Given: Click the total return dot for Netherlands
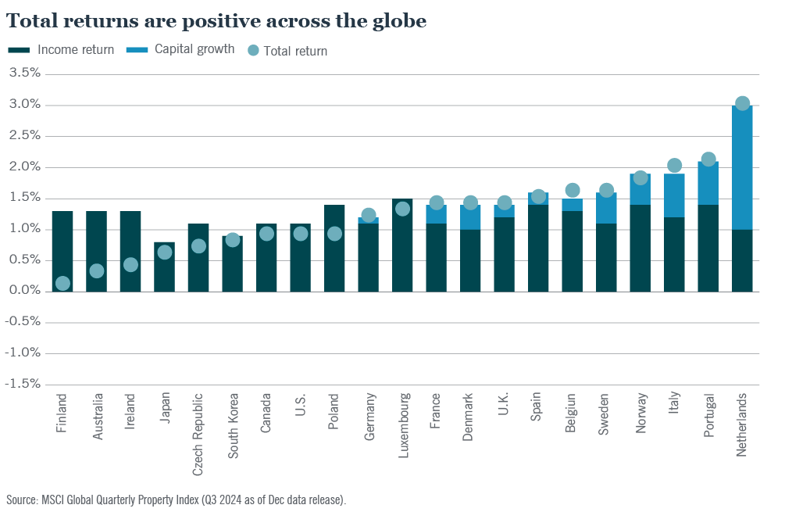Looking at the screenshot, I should [x=742, y=103].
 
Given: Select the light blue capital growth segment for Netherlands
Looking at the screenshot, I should [x=742, y=168].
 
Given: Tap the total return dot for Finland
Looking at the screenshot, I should [x=62, y=284].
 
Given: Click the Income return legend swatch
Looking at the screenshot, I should [x=19, y=50].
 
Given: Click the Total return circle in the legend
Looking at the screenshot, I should [x=253, y=50].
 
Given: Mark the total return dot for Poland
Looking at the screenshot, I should [x=334, y=234].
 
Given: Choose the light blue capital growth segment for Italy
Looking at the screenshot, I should [x=674, y=195].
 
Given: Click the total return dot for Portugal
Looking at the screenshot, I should [x=708, y=159].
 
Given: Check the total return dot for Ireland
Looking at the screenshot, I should [x=130, y=265].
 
